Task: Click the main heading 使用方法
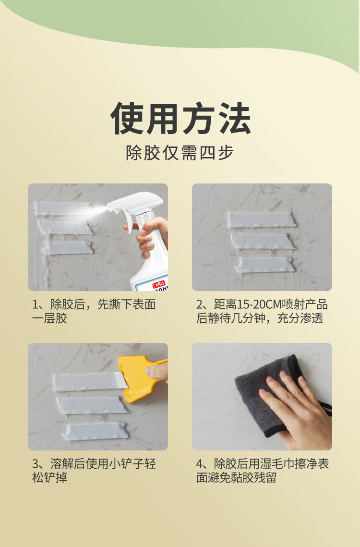coord(180,119)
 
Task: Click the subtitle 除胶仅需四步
coord(180,153)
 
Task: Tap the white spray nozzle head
coord(135,204)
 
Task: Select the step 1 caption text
coord(94,311)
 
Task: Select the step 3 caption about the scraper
coord(94,471)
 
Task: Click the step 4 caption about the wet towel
coord(263,471)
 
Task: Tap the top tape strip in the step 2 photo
coord(262,219)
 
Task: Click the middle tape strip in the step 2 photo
coord(263,241)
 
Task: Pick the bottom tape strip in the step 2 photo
coord(264,265)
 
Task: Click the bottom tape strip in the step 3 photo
coord(96,432)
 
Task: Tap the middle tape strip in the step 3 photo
coord(93,405)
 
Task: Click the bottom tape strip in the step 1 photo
coord(68,248)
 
